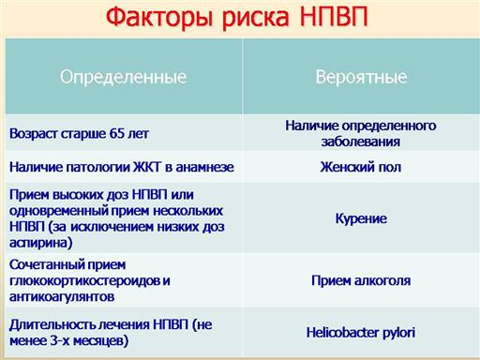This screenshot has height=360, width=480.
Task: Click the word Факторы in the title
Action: (x=159, y=16)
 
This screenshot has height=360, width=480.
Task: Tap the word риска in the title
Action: (x=256, y=18)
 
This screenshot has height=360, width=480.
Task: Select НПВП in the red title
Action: (x=334, y=16)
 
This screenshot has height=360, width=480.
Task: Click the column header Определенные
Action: (x=123, y=77)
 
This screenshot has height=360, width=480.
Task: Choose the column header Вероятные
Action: (x=361, y=77)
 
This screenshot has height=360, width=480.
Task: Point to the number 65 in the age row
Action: (x=117, y=133)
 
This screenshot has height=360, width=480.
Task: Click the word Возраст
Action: (x=34, y=134)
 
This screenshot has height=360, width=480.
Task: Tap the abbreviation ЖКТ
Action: (x=147, y=167)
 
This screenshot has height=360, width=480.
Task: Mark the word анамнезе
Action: (x=204, y=167)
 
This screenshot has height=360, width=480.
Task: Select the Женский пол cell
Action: (x=361, y=167)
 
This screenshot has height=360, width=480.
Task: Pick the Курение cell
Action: (x=361, y=218)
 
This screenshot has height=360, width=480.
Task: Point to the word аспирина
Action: (x=41, y=243)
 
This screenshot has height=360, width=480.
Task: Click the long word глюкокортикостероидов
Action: (x=84, y=280)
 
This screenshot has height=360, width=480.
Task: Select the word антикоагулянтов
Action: (x=62, y=296)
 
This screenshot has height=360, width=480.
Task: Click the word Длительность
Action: (x=52, y=325)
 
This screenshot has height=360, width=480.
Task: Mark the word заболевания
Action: (x=361, y=142)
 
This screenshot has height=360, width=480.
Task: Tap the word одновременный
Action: (x=59, y=211)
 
